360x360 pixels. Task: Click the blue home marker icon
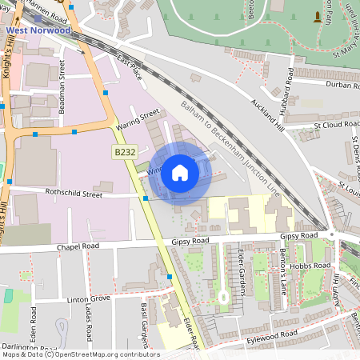coord(180,172)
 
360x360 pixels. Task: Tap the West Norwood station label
coord(38,30)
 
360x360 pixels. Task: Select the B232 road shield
coord(122,151)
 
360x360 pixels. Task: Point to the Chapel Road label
coord(78,246)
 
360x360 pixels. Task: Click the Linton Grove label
coord(88,298)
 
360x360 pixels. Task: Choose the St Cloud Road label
coord(337,125)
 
